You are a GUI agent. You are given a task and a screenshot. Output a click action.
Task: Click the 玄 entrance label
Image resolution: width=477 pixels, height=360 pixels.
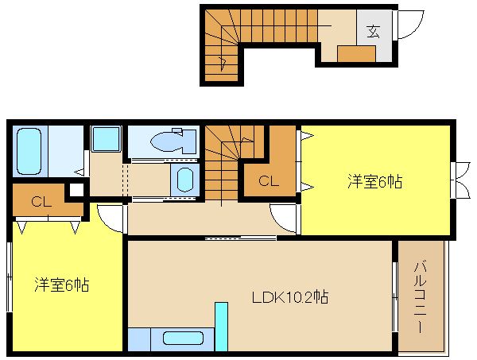(x=374, y=31)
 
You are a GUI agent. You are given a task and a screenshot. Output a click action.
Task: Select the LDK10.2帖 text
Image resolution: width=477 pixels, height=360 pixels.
(x=290, y=297)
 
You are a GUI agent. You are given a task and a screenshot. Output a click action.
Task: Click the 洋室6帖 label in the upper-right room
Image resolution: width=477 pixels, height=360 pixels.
(x=374, y=181)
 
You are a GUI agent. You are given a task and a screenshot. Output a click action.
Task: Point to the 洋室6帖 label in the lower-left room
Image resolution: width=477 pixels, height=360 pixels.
(x=62, y=285)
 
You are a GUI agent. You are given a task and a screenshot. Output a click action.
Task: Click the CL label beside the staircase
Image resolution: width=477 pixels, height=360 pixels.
(x=269, y=181)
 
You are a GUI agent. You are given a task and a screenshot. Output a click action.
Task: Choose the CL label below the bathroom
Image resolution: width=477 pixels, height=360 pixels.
(x=41, y=201)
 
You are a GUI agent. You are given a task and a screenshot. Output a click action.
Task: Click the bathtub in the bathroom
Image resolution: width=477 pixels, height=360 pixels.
(x=29, y=151)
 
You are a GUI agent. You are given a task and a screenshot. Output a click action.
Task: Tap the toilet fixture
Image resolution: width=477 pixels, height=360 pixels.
(x=173, y=141)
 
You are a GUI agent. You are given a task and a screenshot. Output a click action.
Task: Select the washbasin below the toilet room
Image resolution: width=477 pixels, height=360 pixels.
(x=185, y=180)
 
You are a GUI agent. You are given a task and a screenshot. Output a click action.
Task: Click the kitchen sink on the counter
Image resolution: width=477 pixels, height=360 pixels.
(x=183, y=338)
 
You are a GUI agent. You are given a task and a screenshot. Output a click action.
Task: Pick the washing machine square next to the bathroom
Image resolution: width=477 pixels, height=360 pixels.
(x=106, y=139)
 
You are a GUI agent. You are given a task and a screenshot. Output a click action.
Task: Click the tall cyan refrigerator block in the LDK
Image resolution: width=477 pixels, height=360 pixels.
(x=222, y=327)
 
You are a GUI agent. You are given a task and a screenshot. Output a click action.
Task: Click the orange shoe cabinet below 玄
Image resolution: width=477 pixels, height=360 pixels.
(x=356, y=54)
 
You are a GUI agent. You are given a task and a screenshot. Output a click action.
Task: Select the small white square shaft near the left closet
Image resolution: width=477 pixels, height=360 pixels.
(x=76, y=190)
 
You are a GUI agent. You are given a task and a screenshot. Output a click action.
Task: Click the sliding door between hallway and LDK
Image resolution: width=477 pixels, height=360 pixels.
(x=241, y=238)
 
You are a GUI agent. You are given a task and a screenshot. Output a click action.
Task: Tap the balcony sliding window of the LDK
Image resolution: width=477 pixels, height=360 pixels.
(x=395, y=297)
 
